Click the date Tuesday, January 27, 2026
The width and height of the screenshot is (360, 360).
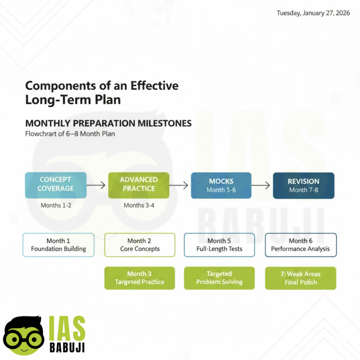tap(313, 13)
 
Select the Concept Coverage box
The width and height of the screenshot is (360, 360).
tap(56, 185)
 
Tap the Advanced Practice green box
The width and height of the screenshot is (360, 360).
tap(139, 185)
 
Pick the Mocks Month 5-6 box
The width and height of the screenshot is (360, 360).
tap(221, 185)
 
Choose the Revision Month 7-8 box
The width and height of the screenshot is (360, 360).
tap(303, 185)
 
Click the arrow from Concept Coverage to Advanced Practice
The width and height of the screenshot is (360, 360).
tap(96, 185)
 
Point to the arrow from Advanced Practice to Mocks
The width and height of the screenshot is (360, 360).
tap(179, 185)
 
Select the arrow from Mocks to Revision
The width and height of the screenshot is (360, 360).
tap(261, 185)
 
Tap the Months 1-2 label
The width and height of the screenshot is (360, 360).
tap(56, 205)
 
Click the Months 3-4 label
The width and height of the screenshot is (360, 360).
tap(139, 205)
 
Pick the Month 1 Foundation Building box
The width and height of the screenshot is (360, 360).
tap(58, 245)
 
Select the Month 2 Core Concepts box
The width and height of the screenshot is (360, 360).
tap(140, 245)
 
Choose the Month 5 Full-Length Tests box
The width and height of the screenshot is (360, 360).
tap(219, 245)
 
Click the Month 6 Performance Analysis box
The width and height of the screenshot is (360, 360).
tap(301, 245)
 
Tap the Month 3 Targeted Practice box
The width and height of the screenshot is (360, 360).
tap(140, 278)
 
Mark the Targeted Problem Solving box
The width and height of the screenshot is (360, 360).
tap(219, 278)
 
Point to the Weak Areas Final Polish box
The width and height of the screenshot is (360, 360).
tap(301, 278)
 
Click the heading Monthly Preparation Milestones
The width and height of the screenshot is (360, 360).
tap(108, 123)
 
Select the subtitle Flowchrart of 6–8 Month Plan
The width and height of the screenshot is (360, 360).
tap(70, 134)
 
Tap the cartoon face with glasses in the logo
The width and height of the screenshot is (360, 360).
tap(24, 336)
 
